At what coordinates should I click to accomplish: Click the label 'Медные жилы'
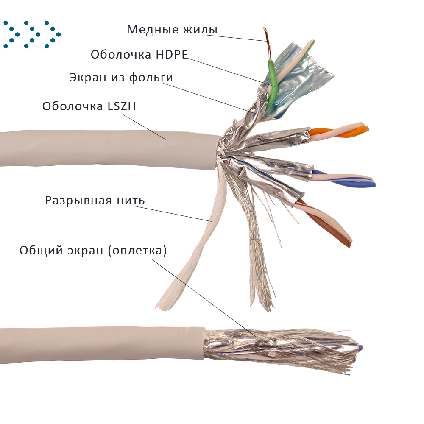(172, 30)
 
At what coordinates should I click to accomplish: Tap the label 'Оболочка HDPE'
(139, 54)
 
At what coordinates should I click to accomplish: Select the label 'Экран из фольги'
(121, 78)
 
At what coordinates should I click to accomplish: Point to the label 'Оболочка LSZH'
(89, 106)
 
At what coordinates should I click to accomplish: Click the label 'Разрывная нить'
(95, 200)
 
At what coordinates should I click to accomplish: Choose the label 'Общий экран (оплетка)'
(92, 251)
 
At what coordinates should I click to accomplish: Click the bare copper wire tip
(268, 42)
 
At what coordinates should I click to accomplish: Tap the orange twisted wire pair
(339, 132)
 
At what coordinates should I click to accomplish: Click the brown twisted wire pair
(331, 225)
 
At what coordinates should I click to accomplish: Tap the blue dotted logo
(32, 34)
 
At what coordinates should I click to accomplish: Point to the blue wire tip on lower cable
(360, 347)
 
